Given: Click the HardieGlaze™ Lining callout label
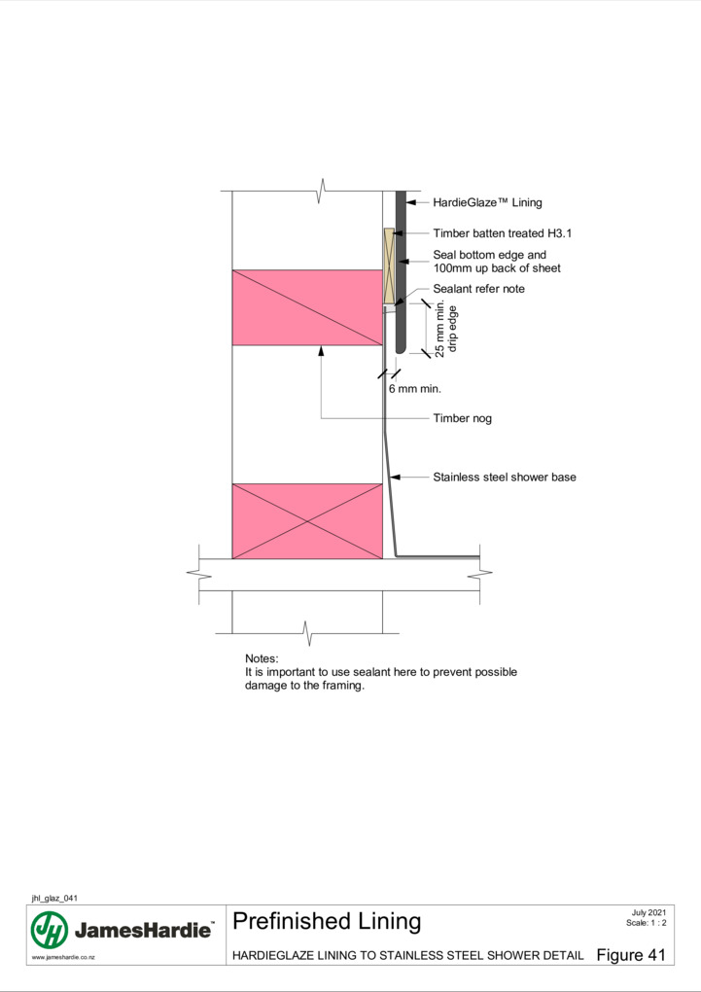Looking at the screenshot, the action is click(487, 202).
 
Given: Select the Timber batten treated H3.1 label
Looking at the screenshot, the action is click(503, 233).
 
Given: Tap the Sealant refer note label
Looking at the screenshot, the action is click(479, 289).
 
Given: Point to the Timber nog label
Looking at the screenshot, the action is click(463, 418).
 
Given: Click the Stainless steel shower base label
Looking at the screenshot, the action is click(505, 477).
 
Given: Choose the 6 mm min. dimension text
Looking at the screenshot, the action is click(415, 388).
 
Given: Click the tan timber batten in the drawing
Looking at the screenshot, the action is click(389, 266).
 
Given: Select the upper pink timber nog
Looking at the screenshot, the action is click(307, 307).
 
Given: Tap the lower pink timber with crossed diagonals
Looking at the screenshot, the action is click(307, 521).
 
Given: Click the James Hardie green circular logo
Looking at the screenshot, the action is click(50, 930).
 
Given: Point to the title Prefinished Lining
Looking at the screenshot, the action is click(327, 921).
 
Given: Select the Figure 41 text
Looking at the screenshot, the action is click(631, 955).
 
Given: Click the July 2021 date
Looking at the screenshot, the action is click(648, 912).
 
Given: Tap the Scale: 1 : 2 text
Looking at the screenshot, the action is click(646, 922).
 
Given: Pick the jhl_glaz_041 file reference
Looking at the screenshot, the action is click(54, 898).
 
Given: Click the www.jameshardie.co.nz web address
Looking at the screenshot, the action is click(63, 957).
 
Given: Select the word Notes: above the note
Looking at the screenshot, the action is click(262, 658).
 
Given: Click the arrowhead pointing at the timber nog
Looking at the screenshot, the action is click(321, 350).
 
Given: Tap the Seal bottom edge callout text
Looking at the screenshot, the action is click(497, 262).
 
